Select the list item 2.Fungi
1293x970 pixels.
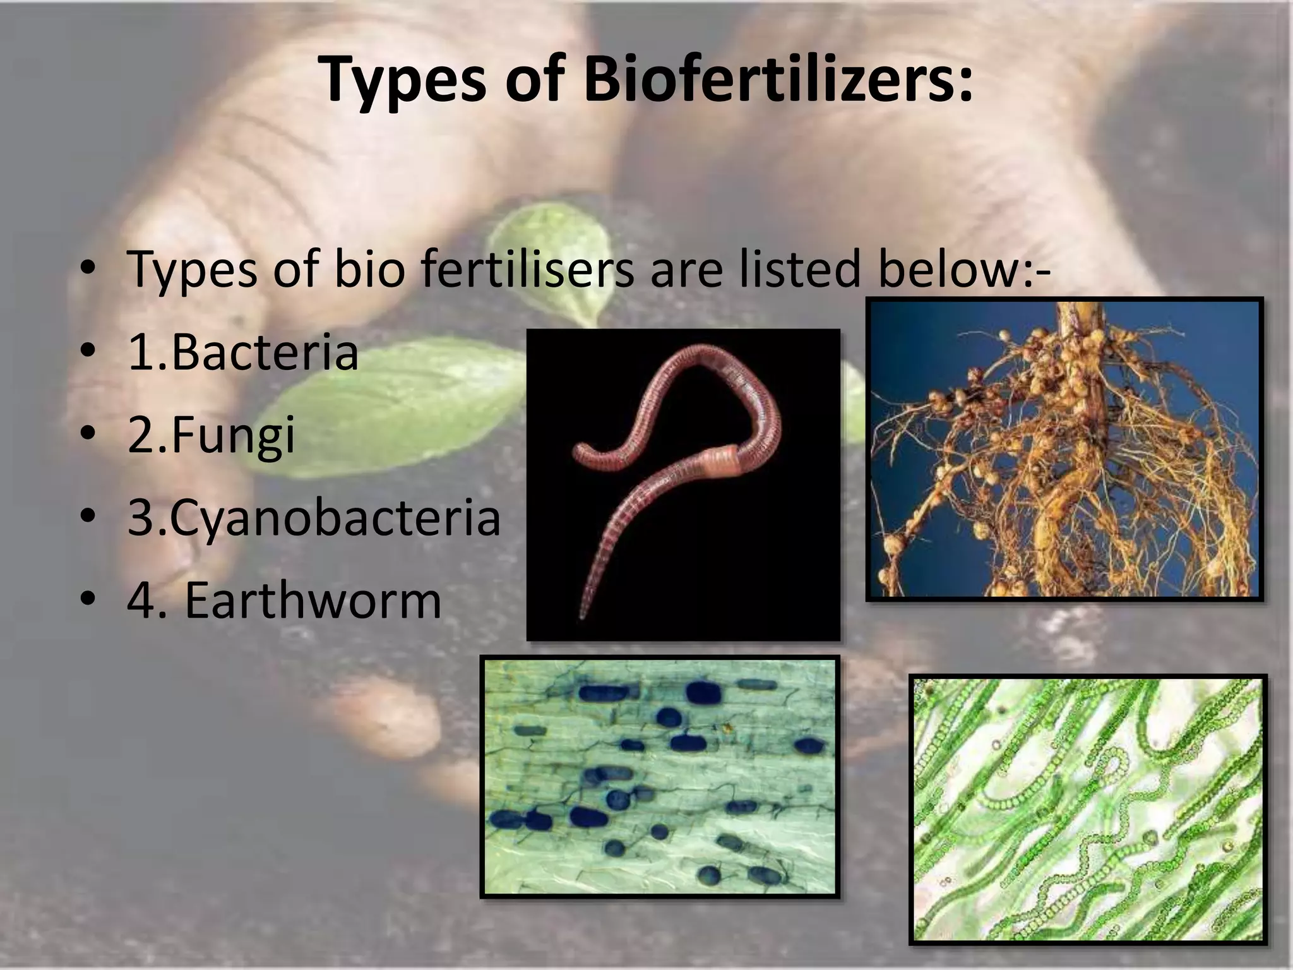point(211,436)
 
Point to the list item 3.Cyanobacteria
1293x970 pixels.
point(314,518)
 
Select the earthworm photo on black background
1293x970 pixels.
point(683,484)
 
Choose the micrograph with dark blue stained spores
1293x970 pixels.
point(659,776)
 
